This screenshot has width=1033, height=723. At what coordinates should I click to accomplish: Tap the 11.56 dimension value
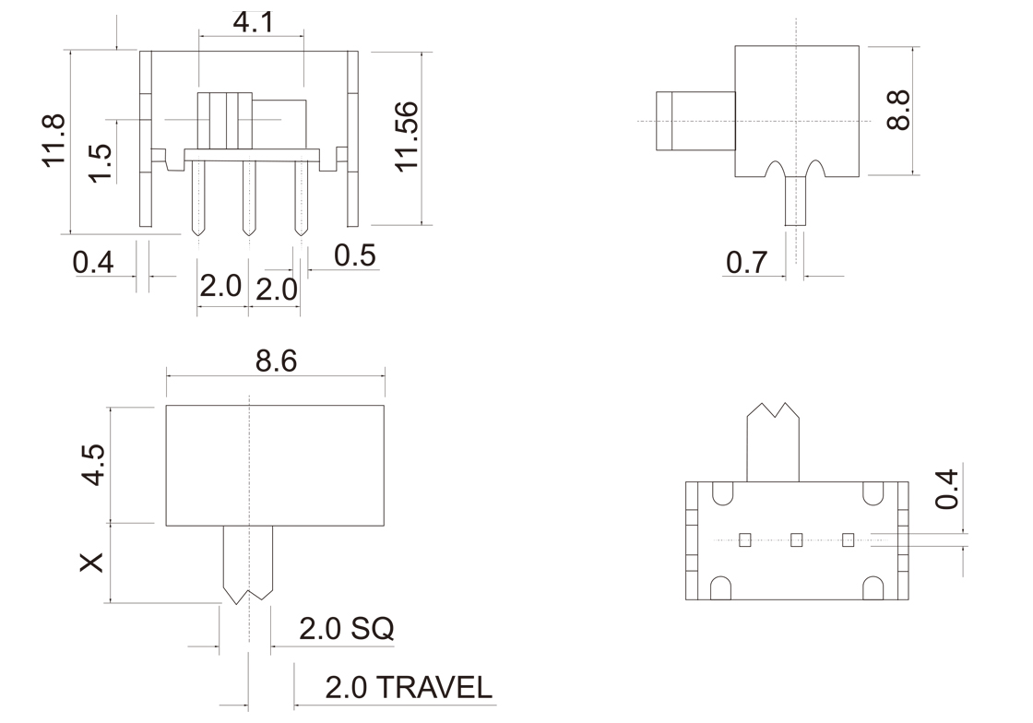(x=407, y=136)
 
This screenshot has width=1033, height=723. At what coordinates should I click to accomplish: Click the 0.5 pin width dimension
(x=355, y=255)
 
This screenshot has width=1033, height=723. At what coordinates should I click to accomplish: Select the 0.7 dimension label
(x=746, y=263)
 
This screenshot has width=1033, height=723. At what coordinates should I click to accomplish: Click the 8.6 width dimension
(x=276, y=361)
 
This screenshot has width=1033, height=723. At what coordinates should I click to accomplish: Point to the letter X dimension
(x=91, y=563)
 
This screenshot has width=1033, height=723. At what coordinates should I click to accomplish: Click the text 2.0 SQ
(x=346, y=629)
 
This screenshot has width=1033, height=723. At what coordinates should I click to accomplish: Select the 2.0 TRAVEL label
(x=408, y=687)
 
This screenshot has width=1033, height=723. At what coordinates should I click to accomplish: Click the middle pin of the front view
(x=247, y=196)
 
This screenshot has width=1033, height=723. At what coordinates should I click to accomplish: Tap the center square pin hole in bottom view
(x=797, y=539)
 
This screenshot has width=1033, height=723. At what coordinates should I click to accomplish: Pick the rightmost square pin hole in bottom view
(x=849, y=539)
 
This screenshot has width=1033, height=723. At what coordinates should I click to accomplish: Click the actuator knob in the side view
(x=695, y=121)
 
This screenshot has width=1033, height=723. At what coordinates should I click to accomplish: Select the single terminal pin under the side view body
(x=795, y=201)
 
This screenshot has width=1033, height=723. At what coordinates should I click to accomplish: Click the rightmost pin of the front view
(x=298, y=196)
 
